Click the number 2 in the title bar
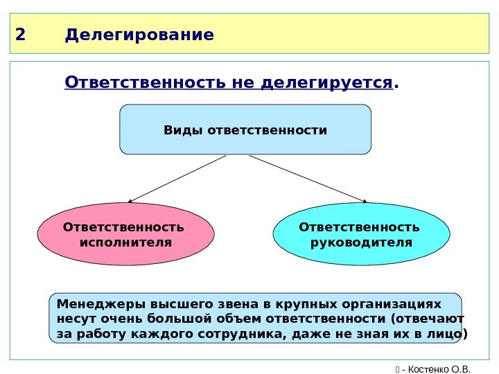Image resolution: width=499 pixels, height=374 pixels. coord(19,35)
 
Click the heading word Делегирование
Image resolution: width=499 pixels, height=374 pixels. coord(139,35)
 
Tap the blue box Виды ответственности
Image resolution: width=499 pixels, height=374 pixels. coord(245,130)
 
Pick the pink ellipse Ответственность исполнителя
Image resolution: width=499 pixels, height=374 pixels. coord(125,235)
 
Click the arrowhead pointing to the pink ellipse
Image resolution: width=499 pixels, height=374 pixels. coord(130,202)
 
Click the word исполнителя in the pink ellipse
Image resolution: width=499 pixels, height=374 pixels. coord(125,242)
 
